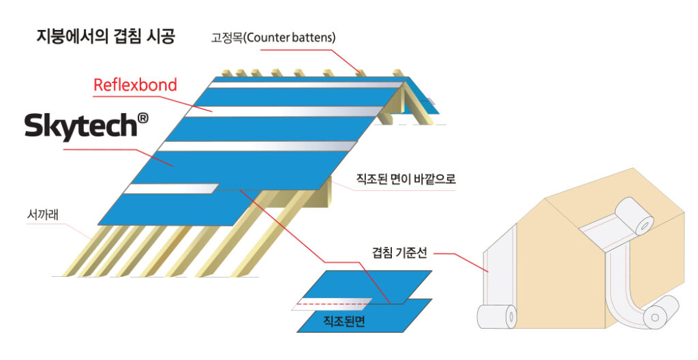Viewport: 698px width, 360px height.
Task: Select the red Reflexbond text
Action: (135, 85)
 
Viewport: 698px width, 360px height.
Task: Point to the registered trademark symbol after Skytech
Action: (142, 118)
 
